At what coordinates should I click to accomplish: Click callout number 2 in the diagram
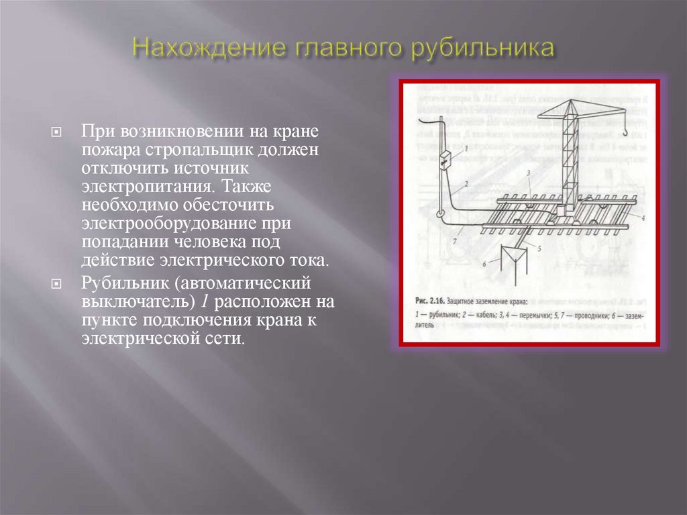point(465,183)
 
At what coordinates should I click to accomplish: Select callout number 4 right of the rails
point(642,218)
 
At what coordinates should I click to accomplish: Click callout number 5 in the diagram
point(538,247)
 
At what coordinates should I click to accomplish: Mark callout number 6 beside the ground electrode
point(484,265)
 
